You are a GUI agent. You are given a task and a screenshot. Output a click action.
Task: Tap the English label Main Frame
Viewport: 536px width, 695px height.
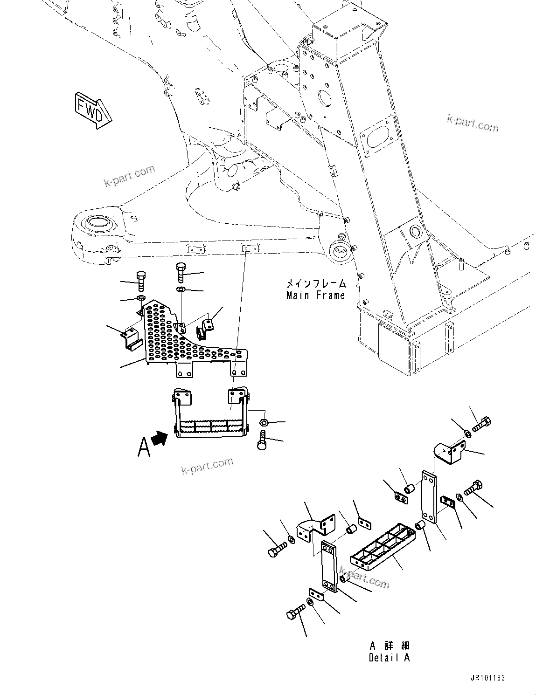coord(315,295)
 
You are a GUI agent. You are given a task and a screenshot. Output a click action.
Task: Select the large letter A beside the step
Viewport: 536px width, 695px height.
coord(144,447)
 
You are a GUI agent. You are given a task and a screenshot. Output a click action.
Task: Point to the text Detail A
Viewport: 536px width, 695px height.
coord(389,658)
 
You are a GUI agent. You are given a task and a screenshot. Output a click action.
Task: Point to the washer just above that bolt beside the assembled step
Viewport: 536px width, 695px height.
coord(264,422)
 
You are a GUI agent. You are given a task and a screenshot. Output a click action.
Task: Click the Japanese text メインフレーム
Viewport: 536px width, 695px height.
coord(316,283)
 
